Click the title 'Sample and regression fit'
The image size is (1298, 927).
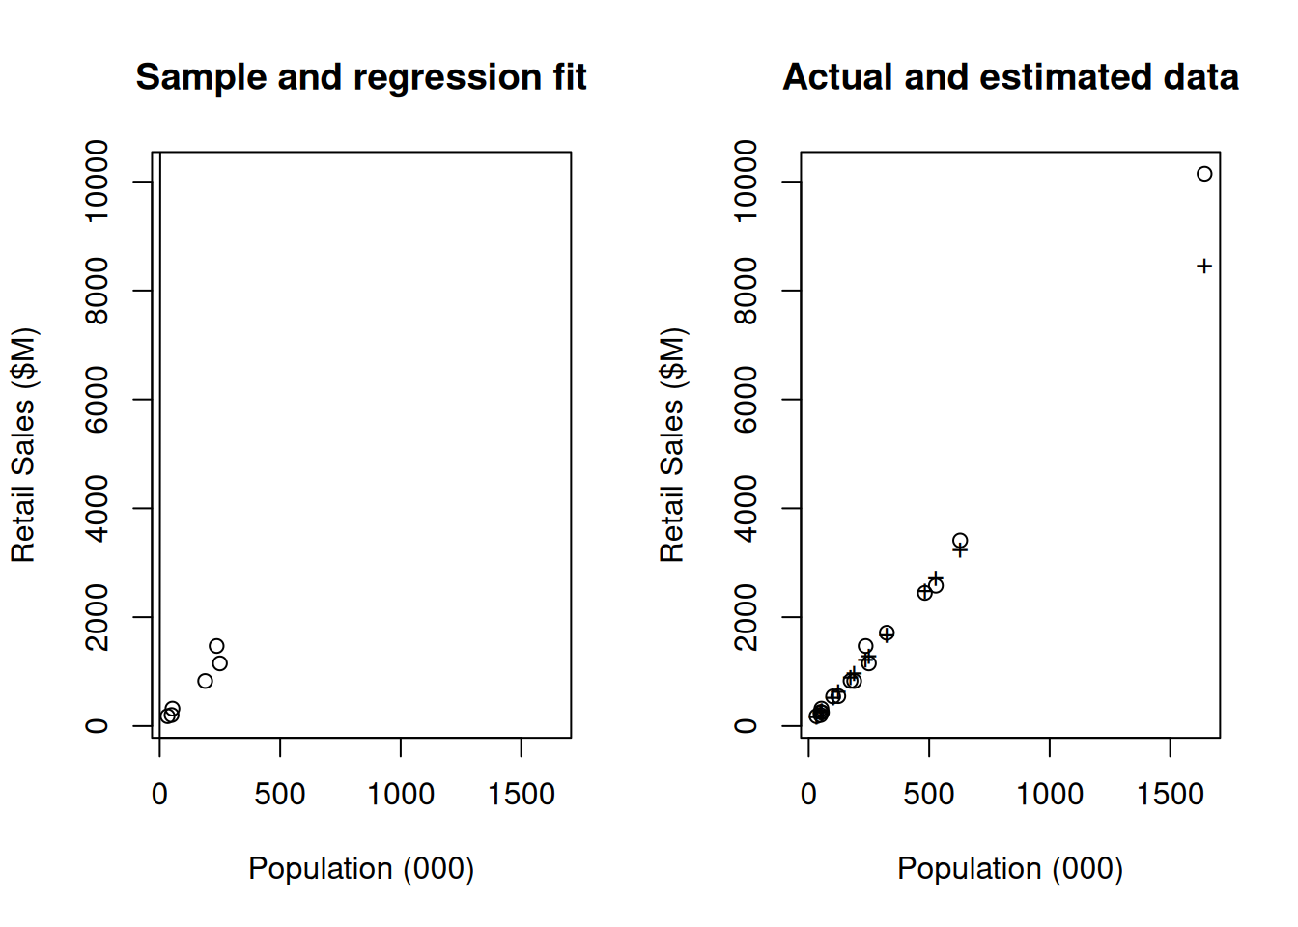(360, 77)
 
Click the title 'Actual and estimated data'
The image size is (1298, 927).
(1010, 77)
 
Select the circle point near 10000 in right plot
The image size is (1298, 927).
(1204, 174)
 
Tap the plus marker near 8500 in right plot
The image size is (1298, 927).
(1204, 267)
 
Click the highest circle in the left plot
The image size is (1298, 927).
(216, 646)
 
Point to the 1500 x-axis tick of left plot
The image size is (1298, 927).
(522, 747)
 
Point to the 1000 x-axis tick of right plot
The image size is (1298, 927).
(1050, 747)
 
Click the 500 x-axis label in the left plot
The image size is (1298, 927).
(280, 794)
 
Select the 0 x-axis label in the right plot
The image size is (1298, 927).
(808, 794)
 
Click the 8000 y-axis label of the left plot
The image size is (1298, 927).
(97, 291)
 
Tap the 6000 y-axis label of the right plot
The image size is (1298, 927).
(746, 400)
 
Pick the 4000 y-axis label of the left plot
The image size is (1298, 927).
(97, 508)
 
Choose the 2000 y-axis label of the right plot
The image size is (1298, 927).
(746, 617)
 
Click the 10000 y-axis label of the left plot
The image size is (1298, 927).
(97, 182)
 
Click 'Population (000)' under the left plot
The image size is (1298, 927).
(361, 868)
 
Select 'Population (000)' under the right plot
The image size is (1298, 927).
(1010, 868)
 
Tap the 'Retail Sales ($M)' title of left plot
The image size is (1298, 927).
(23, 445)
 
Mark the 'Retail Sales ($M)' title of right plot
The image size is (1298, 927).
(672, 445)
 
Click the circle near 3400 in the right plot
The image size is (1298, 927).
(960, 541)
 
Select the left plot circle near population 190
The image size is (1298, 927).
(205, 681)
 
